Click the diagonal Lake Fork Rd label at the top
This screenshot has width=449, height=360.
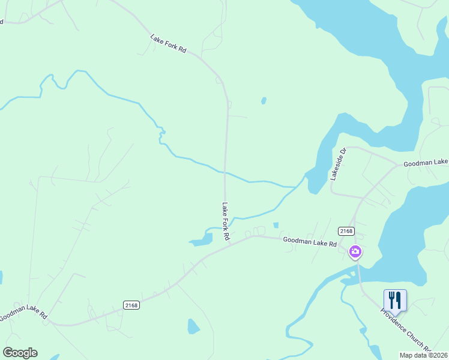click(168, 45)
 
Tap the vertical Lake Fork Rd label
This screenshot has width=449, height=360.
click(226, 221)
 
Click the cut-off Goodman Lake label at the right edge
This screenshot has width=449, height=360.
click(426, 163)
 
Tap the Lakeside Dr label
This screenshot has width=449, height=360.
click(339, 164)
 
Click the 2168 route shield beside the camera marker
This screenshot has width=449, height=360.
click(346, 231)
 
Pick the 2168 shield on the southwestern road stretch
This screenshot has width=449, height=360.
click(131, 305)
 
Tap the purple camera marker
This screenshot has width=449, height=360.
click(355, 251)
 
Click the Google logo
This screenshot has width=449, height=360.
click(20, 353)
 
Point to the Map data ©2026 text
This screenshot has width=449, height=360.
click(423, 355)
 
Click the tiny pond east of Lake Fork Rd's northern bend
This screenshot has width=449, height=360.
click(264, 100)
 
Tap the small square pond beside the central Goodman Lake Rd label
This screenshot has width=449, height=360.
click(276, 225)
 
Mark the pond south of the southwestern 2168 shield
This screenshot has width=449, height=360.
click(193, 326)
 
